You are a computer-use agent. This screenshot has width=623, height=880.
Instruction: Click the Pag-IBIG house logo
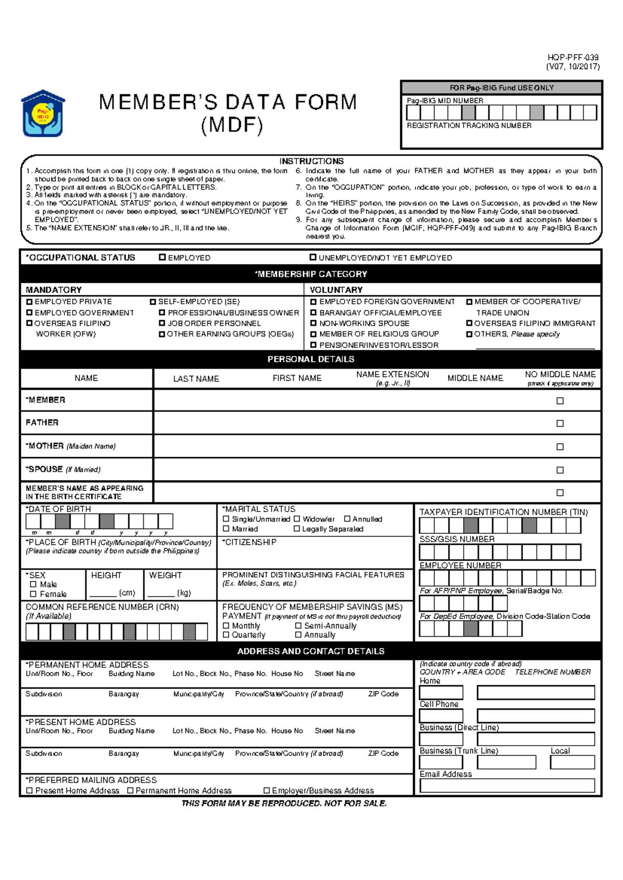[x=43, y=114]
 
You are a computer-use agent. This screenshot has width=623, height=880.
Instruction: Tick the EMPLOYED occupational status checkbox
[x=162, y=257]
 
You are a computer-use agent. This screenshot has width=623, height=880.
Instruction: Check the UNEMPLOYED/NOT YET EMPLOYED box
[x=313, y=257]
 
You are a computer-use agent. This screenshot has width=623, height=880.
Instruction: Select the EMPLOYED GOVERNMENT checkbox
[x=30, y=313]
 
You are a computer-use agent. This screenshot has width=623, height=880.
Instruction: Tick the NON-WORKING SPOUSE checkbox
[x=313, y=323]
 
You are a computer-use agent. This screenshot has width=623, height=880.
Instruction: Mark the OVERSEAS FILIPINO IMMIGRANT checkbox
[x=469, y=323]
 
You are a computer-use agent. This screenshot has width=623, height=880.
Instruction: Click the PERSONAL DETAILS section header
[x=310, y=359]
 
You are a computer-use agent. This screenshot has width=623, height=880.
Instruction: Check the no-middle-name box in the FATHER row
[x=560, y=423]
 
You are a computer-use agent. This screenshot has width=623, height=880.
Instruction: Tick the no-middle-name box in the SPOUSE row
[x=560, y=470]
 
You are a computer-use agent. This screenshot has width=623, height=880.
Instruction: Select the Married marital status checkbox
[x=226, y=529]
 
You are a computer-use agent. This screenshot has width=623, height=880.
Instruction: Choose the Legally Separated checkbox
[x=296, y=529]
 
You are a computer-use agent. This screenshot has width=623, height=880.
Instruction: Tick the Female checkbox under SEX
[x=33, y=594]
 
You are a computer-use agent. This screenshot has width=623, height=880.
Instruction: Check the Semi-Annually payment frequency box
[x=298, y=626]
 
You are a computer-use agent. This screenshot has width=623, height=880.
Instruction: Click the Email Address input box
[x=507, y=786]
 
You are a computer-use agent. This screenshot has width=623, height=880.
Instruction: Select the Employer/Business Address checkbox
[x=266, y=791]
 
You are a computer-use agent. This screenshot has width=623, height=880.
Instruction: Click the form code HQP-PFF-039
[x=573, y=58]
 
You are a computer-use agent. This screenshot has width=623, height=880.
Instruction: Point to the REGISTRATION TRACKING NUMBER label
[x=469, y=126]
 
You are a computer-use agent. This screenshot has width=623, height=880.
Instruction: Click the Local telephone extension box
[x=572, y=762]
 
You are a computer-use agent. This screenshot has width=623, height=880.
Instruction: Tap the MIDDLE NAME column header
[x=475, y=378]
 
